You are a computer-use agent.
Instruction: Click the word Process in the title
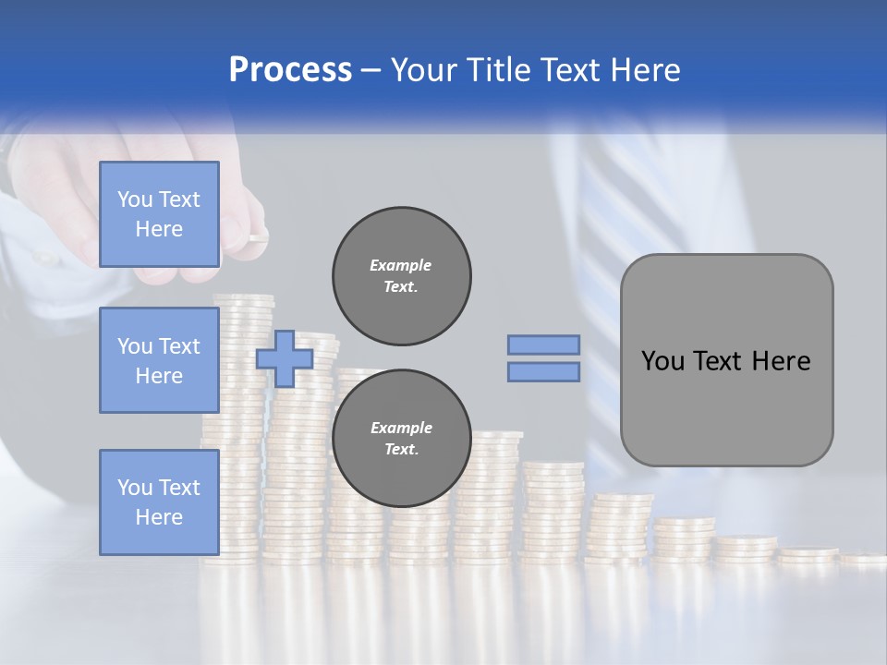tap(290, 70)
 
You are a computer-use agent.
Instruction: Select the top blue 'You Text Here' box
tap(159, 214)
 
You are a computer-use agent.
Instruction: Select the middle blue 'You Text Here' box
tap(159, 360)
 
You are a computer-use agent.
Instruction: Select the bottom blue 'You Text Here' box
tap(159, 502)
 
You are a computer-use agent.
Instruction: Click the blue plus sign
tap(284, 358)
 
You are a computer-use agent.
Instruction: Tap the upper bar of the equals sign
tap(543, 345)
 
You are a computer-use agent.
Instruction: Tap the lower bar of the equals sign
tap(543, 371)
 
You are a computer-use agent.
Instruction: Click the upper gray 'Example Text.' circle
tap(401, 276)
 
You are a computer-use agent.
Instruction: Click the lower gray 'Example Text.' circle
tap(401, 439)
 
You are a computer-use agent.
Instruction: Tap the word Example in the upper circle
tap(401, 265)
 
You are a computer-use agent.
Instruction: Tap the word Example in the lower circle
tap(401, 428)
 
